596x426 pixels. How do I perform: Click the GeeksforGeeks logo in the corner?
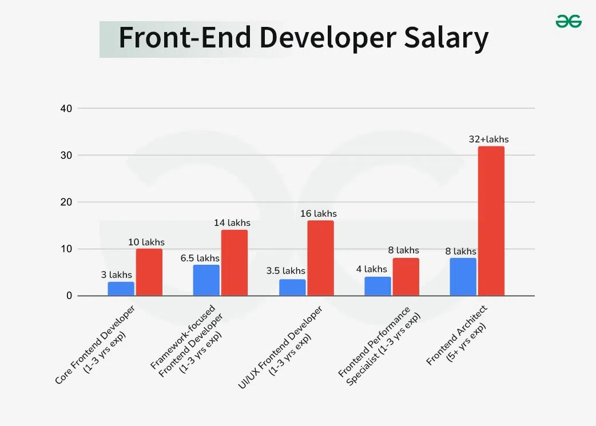[x=569, y=22]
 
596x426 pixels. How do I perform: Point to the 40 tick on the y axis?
[x=66, y=109]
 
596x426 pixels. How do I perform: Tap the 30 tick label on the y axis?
[x=66, y=156]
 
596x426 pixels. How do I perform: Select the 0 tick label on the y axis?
[x=69, y=296]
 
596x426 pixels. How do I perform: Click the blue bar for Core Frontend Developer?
[x=121, y=289]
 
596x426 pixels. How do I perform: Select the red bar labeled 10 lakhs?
[x=149, y=272]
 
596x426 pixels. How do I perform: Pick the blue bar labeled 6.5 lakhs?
[x=206, y=280]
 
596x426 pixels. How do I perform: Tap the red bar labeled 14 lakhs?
[x=235, y=263]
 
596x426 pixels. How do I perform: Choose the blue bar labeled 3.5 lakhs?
[x=292, y=288]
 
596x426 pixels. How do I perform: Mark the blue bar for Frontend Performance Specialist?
[x=378, y=286]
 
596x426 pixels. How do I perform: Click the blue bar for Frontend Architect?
[x=463, y=277]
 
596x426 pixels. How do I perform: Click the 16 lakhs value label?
[x=319, y=214]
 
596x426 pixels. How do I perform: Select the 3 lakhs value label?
[x=117, y=275]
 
